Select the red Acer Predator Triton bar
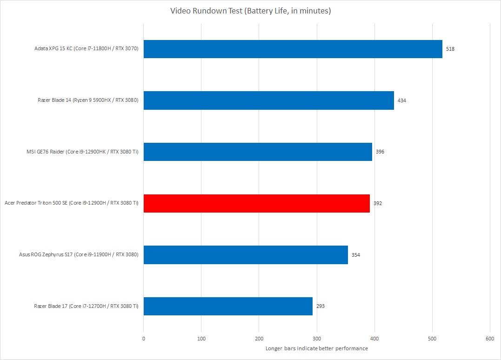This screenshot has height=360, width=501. tap(256, 203)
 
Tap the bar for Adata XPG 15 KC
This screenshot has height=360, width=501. tap(293, 49)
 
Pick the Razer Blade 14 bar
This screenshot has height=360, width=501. tap(268, 100)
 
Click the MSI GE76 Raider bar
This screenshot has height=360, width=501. tap(258, 152)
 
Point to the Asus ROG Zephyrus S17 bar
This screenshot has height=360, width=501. tap(246, 255)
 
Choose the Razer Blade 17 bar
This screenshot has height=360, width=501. tap(228, 306)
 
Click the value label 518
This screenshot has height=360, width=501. tap(450, 49)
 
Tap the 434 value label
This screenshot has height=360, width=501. tap(401, 100)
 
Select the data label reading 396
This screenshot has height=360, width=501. tap(380, 152)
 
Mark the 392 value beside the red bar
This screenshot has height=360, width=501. tap(377, 203)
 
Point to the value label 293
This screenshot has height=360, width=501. tap(320, 306)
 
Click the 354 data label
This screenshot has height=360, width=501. tap(355, 255)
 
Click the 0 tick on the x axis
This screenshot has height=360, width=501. tap(144, 338)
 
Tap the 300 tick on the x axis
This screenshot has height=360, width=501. tap(317, 338)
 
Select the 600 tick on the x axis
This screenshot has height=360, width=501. tap(490, 338)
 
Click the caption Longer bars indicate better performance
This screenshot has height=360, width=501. tap(316, 348)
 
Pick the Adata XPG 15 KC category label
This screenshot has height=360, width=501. tap(86, 49)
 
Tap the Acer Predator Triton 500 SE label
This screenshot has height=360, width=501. tap(71, 203)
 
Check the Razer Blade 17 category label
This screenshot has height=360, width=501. tap(86, 306)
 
